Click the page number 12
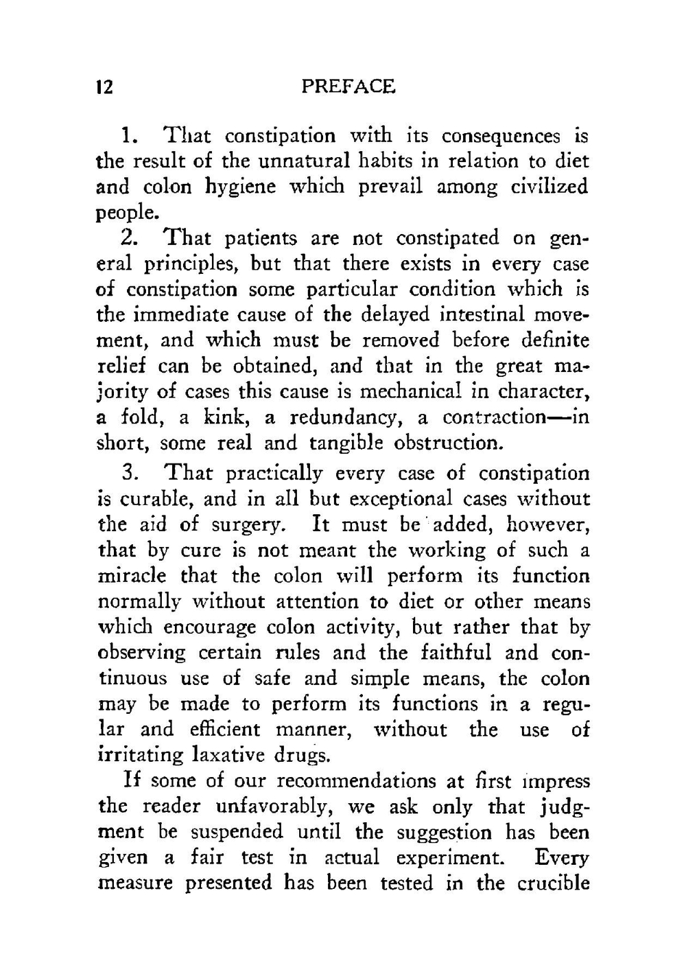click(104, 88)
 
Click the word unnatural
click(302, 161)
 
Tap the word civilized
click(550, 187)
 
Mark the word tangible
click(345, 443)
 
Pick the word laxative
click(228, 755)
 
